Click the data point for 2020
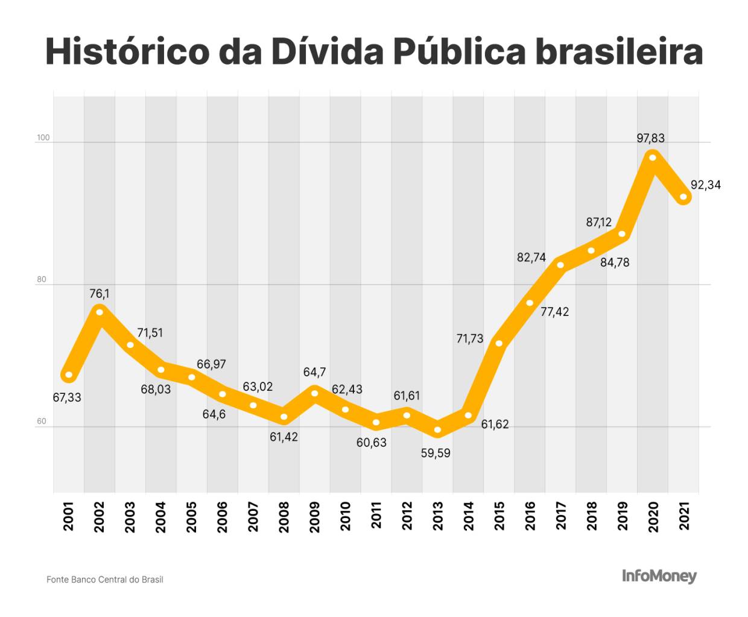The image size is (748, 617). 652,157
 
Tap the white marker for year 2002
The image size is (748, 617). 100,312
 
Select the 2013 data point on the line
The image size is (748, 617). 437,431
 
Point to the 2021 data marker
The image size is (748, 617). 683,197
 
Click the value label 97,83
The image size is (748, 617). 650,138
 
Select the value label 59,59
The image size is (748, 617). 436,453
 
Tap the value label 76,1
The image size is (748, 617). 100,294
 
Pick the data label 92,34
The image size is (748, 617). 705,185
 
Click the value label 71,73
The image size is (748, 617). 469,339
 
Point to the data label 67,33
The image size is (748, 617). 67,397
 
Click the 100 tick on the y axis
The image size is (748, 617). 43,138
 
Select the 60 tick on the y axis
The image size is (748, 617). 41,421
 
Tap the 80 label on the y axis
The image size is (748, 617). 41,279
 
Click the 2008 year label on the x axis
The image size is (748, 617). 284,517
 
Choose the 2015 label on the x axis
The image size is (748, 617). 499,517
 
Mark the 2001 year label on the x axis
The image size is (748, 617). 69,517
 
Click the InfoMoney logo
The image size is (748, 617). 659,577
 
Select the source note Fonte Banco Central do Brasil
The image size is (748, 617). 105,580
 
